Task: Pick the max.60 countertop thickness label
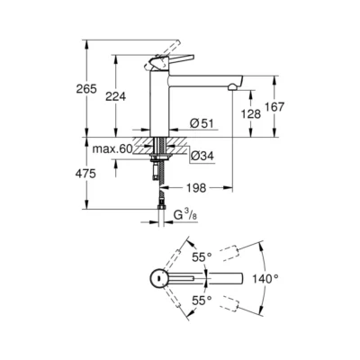(x=112, y=148)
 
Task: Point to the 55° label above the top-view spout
(x=202, y=256)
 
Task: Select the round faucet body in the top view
(x=158, y=277)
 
